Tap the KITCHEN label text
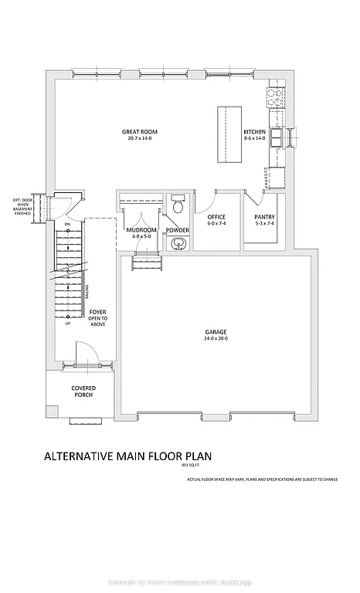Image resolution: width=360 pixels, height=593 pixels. pos(254,132)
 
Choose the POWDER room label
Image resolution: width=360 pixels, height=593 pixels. pos(177,230)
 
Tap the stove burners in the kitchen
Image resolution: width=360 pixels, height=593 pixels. pos(274,97)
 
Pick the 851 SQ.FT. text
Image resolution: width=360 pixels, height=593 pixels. pos(190,466)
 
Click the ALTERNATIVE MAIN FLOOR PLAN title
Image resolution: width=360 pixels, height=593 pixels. pos(127,456)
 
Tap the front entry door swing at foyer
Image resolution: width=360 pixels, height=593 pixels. pos(87,354)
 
